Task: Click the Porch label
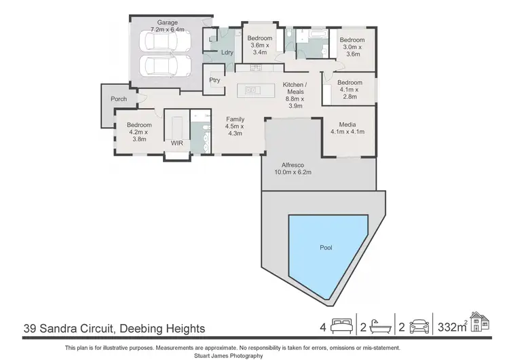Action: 119,99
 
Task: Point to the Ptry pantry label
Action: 215,80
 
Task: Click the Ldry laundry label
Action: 227,52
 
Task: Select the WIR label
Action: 177,143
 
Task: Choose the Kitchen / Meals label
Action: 294,94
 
